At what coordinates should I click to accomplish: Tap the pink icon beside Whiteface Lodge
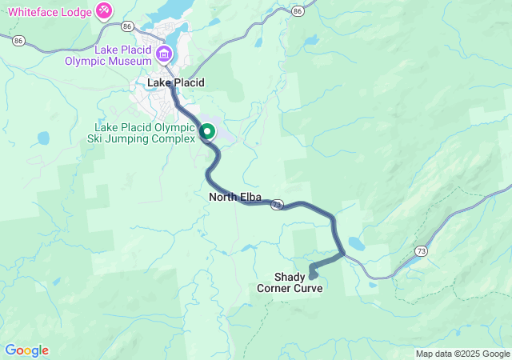pyautogui.click(x=104, y=10)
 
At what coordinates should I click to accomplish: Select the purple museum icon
pyautogui.click(x=164, y=55)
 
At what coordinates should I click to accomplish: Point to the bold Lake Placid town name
pyautogui.click(x=176, y=82)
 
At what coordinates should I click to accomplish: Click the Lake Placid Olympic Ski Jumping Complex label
pyautogui.click(x=144, y=133)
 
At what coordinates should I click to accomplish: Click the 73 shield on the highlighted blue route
pyautogui.click(x=276, y=206)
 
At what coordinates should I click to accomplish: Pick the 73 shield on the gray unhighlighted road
pyautogui.click(x=421, y=250)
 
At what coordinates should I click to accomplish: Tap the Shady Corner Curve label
pyautogui.click(x=290, y=282)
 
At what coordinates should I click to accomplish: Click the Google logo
pyautogui.click(x=26, y=350)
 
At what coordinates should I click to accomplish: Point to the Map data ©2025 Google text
pyautogui.click(x=462, y=354)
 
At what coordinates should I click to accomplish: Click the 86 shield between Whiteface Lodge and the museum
pyautogui.click(x=127, y=26)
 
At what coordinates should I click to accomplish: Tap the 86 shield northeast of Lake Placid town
pyautogui.click(x=298, y=11)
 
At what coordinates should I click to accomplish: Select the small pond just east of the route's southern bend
pyautogui.click(x=357, y=244)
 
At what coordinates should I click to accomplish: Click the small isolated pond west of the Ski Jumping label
pyautogui.click(x=42, y=138)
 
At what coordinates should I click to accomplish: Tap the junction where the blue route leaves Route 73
pyautogui.click(x=344, y=254)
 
